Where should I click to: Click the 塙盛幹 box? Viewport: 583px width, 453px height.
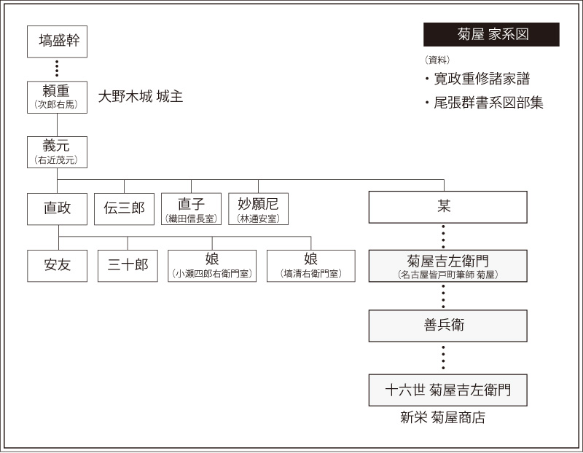58,42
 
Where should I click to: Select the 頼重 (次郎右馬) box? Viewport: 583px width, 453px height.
58,98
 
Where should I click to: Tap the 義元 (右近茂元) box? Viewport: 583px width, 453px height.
58,152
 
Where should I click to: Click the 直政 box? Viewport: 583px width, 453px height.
58,209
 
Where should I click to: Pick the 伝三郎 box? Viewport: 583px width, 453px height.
124,209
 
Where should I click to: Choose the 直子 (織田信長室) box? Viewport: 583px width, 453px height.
191,209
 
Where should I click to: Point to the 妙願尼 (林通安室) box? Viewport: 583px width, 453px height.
259,209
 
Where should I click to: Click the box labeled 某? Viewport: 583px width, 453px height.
448,207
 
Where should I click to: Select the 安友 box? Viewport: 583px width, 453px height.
58,266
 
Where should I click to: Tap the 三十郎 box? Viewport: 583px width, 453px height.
128,266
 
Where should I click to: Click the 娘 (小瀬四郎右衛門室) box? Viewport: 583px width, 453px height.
212,266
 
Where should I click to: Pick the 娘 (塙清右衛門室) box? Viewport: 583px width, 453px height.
311,266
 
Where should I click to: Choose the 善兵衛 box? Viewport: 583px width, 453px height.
448,326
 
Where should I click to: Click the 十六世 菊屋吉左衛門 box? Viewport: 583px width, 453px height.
448,390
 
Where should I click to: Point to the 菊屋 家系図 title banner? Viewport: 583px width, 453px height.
491,34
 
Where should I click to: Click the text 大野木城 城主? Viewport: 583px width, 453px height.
141,97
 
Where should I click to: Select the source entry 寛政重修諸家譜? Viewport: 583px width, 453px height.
477,79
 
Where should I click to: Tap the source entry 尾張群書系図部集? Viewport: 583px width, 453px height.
484,103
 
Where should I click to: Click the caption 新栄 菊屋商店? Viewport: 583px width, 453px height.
443,417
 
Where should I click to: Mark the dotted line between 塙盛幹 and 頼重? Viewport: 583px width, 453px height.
57,68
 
